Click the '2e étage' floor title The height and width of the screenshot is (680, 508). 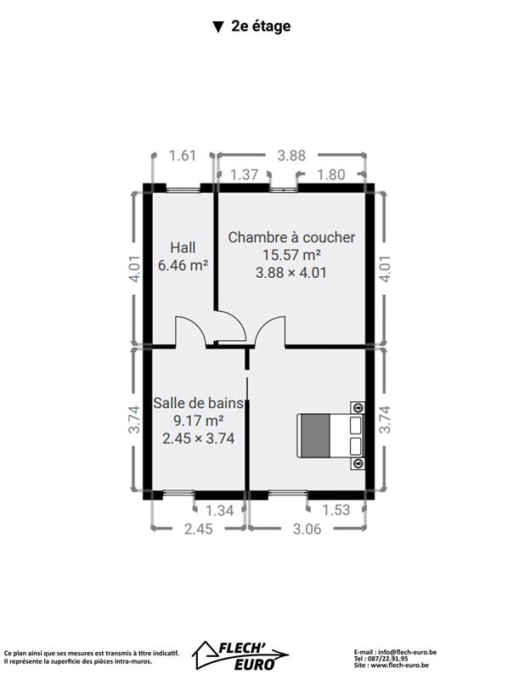(x=261, y=26)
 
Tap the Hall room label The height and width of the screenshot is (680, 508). (x=183, y=247)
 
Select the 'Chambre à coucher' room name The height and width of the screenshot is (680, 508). (x=291, y=238)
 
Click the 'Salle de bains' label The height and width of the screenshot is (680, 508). (x=198, y=403)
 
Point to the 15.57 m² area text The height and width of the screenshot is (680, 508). (x=291, y=255)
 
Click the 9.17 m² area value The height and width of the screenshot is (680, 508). (x=198, y=420)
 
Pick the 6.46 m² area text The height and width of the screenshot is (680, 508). (x=183, y=265)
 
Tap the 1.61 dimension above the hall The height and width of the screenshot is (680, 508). (x=183, y=156)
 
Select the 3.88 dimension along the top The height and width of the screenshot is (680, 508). (x=291, y=156)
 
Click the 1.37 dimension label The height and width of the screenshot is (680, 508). (x=244, y=174)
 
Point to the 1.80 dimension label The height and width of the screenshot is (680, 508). (x=331, y=174)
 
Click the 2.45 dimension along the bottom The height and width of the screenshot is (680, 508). (x=199, y=529)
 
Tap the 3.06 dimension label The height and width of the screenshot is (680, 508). (x=307, y=529)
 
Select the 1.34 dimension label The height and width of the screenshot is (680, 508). (x=220, y=511)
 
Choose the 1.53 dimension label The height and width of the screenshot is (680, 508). (x=336, y=510)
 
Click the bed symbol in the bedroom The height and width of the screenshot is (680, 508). (x=330, y=435)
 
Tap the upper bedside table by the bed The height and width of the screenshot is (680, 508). (x=358, y=408)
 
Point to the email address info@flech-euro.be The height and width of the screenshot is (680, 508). (x=407, y=652)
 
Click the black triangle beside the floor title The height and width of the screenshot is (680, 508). (x=218, y=27)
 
